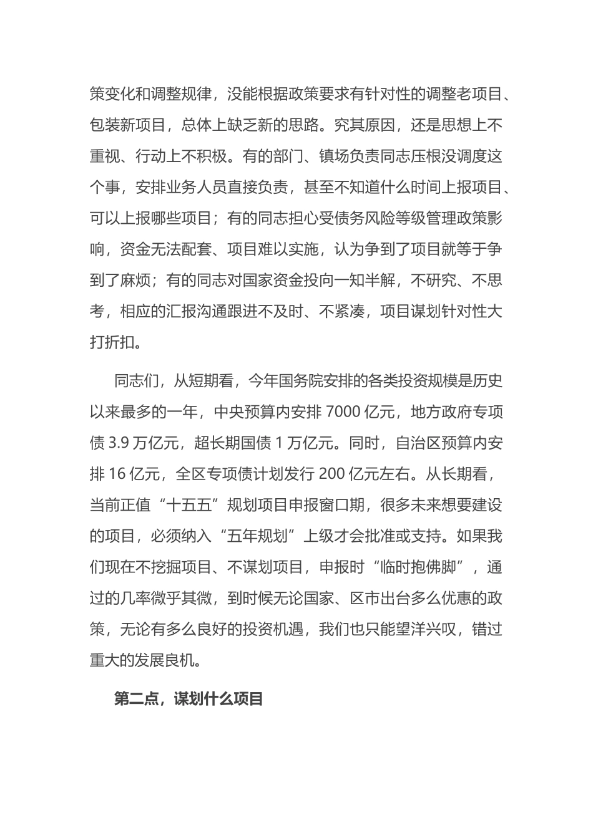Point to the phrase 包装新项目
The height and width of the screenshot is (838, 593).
click(x=128, y=125)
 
